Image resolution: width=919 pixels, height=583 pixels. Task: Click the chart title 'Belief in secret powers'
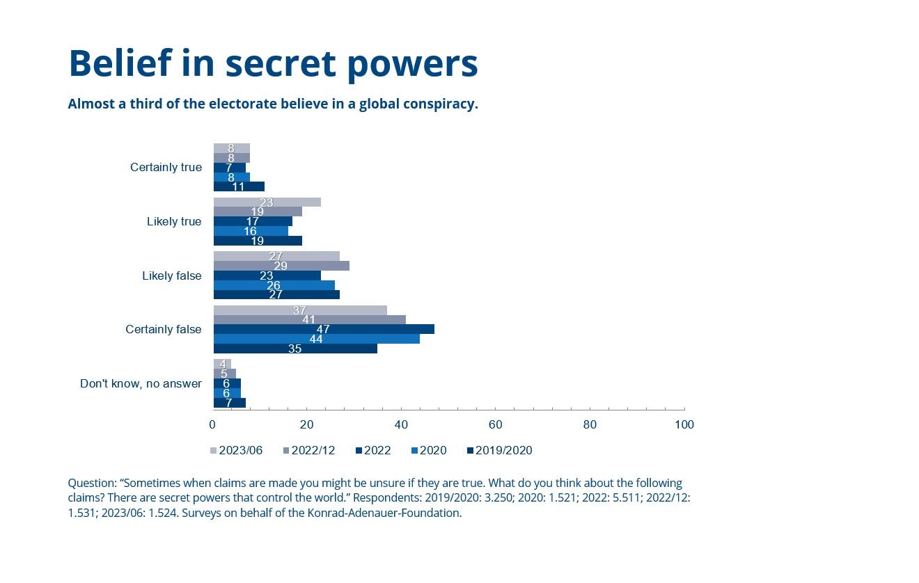tap(273, 63)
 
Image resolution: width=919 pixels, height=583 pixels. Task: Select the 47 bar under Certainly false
tap(324, 329)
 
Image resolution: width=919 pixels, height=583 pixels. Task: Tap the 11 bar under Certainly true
tap(239, 186)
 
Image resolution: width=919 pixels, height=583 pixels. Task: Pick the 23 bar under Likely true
tap(267, 202)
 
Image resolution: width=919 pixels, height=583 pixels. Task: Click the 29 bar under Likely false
tap(281, 266)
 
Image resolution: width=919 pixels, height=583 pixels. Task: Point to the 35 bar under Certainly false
tap(295, 349)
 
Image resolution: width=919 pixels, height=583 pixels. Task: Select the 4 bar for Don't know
tap(222, 365)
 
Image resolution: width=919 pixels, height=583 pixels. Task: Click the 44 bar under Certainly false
tap(316, 339)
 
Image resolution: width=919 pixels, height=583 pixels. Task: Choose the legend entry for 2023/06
tap(236, 451)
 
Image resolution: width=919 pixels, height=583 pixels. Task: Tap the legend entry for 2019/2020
tap(499, 451)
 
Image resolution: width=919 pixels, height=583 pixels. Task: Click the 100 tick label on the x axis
tap(684, 424)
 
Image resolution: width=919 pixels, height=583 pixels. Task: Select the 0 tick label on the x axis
tap(213, 424)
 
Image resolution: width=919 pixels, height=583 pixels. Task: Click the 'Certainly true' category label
tap(166, 168)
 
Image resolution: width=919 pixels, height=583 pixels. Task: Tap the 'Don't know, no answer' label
tap(141, 383)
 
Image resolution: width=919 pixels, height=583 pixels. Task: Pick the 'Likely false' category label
tap(171, 275)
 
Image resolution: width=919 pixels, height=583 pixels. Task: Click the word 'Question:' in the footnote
tap(92, 483)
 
